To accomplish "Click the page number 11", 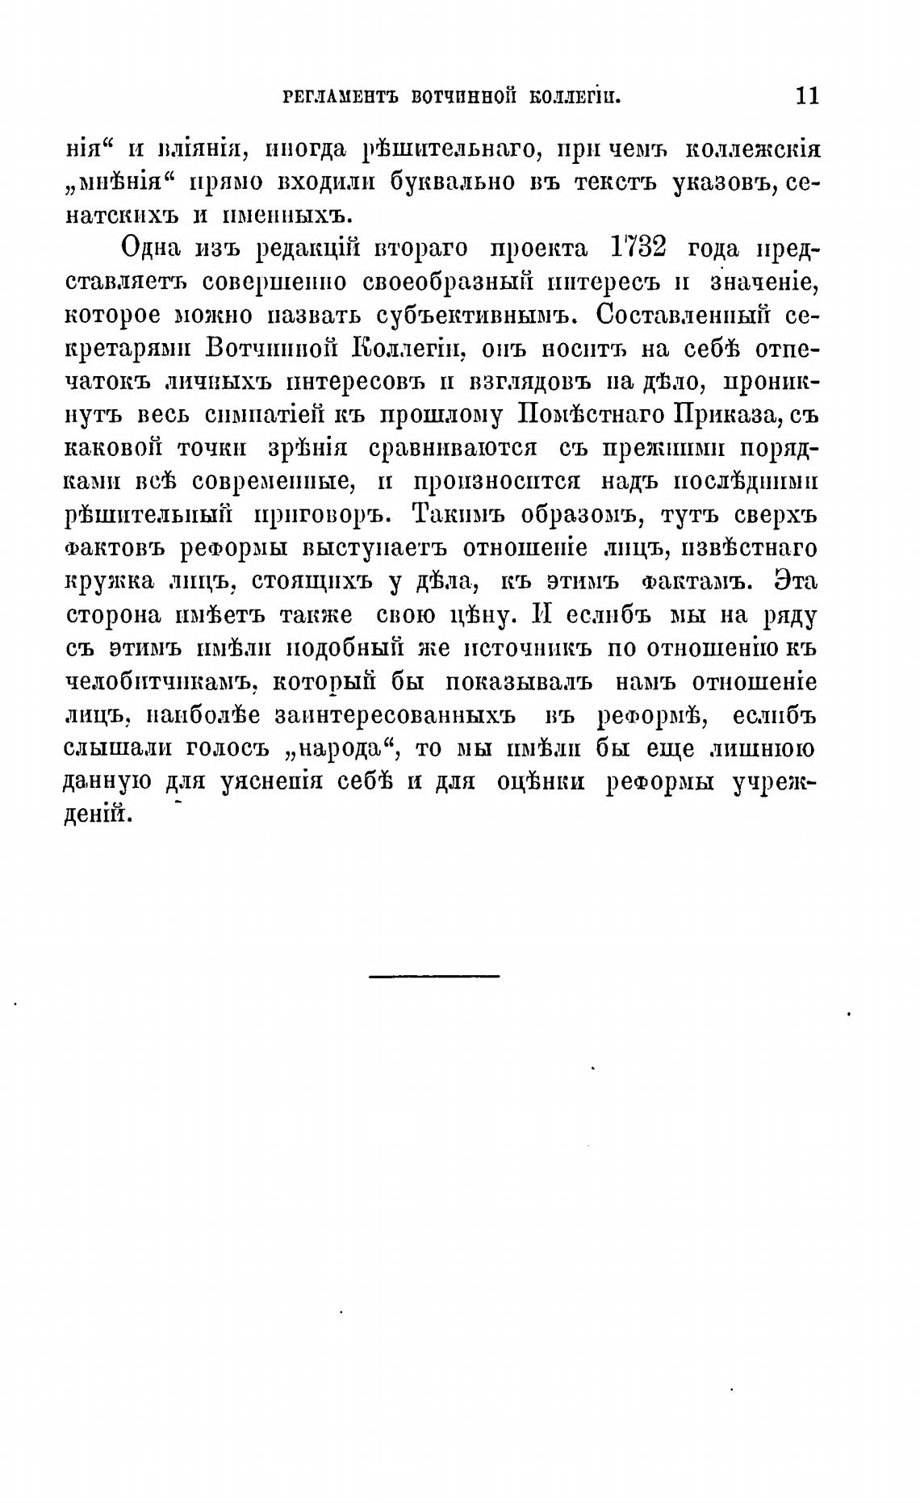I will point(806,96).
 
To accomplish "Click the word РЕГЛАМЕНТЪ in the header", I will point(340,98).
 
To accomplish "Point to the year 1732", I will point(638,247).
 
